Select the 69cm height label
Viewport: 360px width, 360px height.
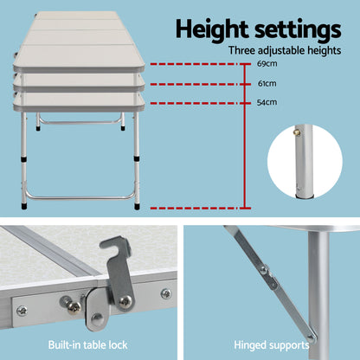pyautogui.click(x=268, y=65)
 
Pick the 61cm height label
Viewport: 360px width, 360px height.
pyautogui.click(x=268, y=84)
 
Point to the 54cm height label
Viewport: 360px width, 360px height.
pyautogui.click(x=268, y=103)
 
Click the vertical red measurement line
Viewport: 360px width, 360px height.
pyautogui.click(x=247, y=138)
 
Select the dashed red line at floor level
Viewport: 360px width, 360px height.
pyautogui.click(x=199, y=209)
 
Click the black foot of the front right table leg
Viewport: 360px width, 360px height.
pyautogui.click(x=137, y=206)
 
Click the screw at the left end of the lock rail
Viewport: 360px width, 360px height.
pyautogui.click(x=22, y=310)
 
